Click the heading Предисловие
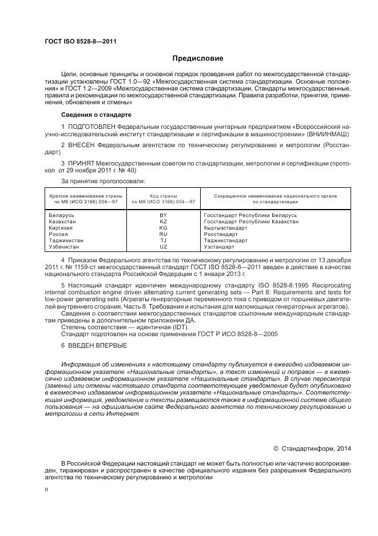pos(198,58)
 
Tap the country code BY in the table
pos(163,215)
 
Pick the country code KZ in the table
pos(163,221)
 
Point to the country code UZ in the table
pos(163,247)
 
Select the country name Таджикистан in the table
pos(66,241)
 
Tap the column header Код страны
pos(163,196)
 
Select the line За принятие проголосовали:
pos(96,180)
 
